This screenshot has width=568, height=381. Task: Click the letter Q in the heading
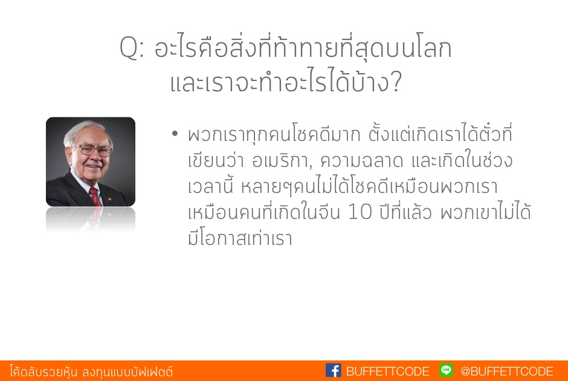point(129,48)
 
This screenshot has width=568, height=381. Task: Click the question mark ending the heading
point(396,81)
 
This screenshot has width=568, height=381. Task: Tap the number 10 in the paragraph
point(360,212)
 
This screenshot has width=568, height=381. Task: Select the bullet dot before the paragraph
point(175,134)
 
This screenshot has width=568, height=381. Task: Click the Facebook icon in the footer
point(334,371)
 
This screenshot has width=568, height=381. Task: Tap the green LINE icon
point(446,370)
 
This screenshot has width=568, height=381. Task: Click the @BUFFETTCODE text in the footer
point(507,371)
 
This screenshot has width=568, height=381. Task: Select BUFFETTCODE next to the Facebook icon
point(387,371)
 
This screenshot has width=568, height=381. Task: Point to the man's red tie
point(95,197)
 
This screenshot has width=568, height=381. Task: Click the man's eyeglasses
point(92,149)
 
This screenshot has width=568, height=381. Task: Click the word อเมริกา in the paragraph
point(280,160)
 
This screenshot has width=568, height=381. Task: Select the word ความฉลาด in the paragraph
point(361,160)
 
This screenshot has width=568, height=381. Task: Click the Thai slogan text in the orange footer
point(91,371)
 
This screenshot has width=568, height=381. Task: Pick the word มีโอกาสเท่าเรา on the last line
point(240,238)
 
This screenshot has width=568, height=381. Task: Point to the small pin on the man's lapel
point(109,198)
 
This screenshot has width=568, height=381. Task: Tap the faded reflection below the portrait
point(91,219)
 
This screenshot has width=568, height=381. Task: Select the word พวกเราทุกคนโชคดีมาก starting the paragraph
point(274,135)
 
